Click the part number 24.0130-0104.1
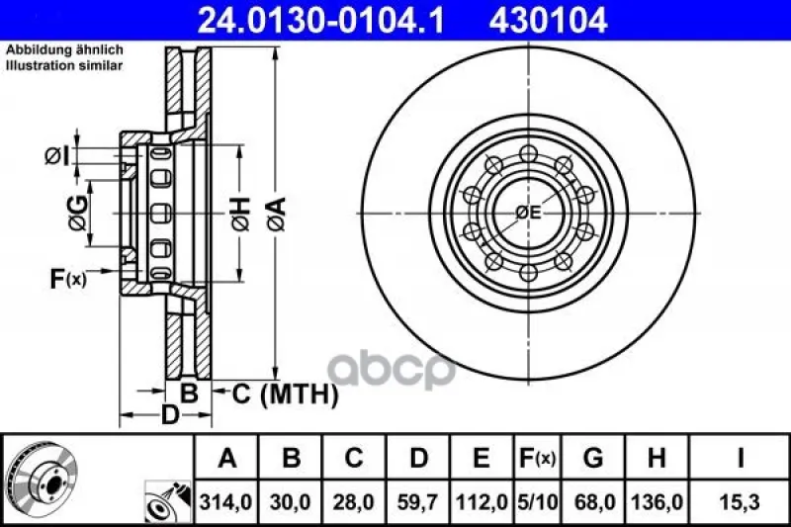(x=320, y=20)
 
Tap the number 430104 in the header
(x=548, y=20)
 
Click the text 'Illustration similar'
(x=64, y=65)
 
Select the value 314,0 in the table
(x=226, y=502)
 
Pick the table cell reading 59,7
(x=417, y=502)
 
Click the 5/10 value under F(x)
(x=537, y=502)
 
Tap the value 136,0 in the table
(x=657, y=502)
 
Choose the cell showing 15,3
(x=740, y=502)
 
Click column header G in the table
(x=592, y=458)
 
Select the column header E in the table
(x=482, y=458)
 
